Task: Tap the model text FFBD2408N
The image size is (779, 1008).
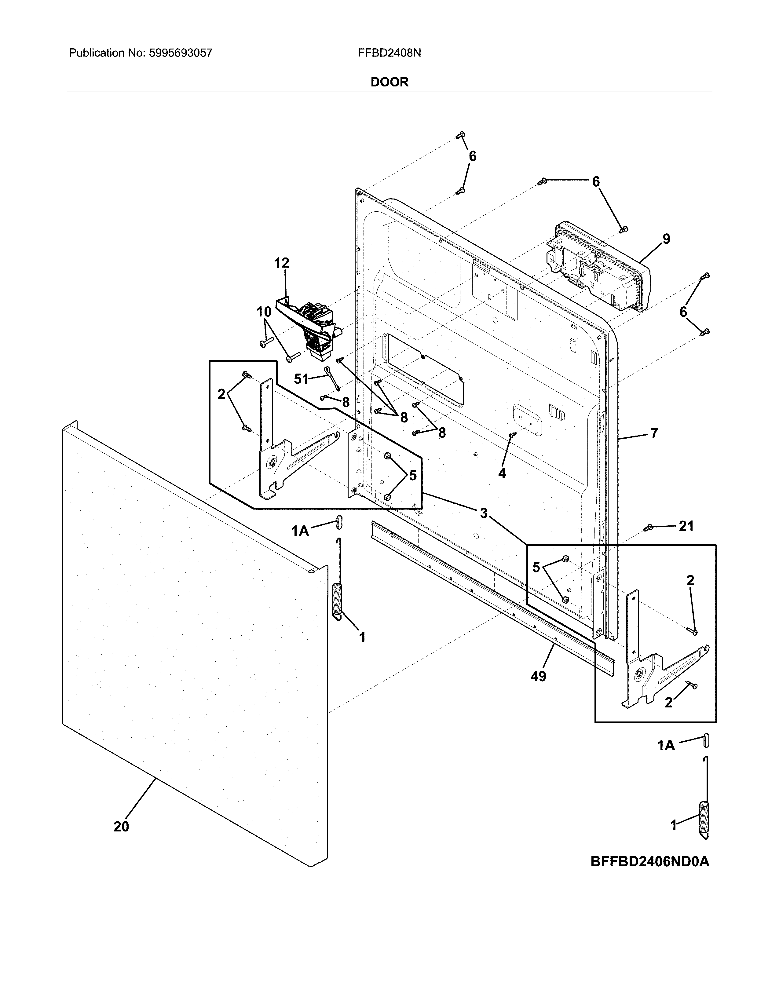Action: tap(389, 53)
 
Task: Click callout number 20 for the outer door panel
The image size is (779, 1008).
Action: tap(121, 827)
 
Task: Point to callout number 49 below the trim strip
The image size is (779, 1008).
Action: tap(538, 677)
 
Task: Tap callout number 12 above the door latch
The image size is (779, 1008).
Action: tap(282, 263)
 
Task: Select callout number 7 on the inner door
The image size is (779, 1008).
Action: tap(654, 433)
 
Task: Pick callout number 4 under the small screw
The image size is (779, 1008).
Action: tap(502, 473)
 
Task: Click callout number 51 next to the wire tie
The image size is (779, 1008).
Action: tap(301, 379)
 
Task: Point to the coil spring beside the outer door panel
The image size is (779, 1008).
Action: tap(338, 600)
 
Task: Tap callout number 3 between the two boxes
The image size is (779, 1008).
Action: tap(483, 513)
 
